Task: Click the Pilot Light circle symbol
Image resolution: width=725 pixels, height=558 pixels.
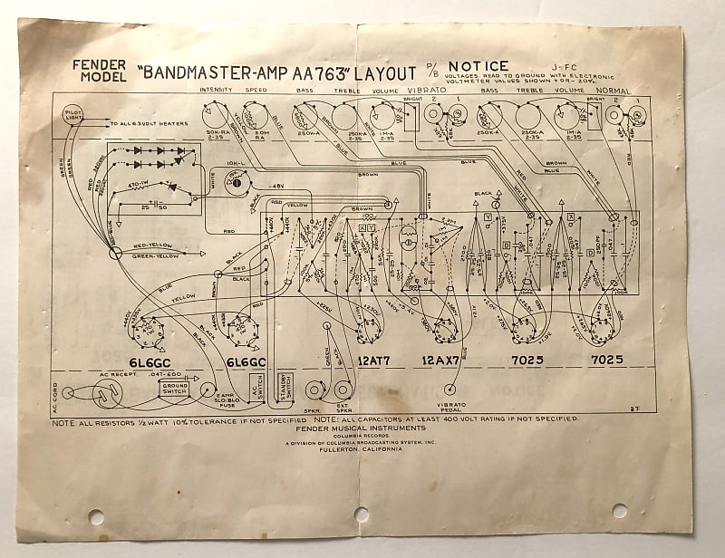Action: coord(73,114)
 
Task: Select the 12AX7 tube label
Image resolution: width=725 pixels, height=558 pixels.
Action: coord(442,360)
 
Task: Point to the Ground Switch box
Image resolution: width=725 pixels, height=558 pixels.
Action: coord(174,389)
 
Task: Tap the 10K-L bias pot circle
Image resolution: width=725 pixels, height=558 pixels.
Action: coord(238,182)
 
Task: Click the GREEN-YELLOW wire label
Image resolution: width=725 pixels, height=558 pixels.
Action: coord(154,255)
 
